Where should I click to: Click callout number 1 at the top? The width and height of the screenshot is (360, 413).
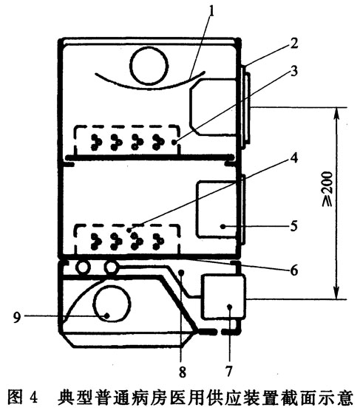coord(211,12)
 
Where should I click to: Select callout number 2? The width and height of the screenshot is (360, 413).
coord(293,44)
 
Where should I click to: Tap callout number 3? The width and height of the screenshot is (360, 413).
coord(293,71)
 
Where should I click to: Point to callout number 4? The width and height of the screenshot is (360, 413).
coord(293,157)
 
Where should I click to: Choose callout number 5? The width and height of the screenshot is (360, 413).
coord(293,226)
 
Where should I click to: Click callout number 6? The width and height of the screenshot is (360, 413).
coord(294,270)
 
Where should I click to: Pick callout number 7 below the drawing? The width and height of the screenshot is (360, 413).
coord(228,371)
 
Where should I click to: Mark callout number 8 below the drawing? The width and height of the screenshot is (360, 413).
coord(183,372)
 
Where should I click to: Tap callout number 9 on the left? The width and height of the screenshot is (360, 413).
coord(17,317)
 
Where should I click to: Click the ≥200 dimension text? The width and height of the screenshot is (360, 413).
coord(328,189)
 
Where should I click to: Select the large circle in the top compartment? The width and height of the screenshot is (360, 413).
coord(149,66)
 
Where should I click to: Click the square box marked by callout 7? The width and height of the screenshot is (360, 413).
coord(223,297)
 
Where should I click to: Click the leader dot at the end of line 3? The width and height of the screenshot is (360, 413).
coord(174,143)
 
